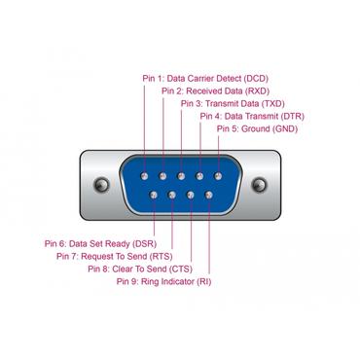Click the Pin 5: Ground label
coord(256,127)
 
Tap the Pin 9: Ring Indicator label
coord(162,281)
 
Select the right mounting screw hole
coord(258,184)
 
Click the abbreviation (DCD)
coord(254,77)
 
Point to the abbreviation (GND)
coord(284,127)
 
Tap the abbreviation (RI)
coord(203,281)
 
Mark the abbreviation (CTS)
coord(182,269)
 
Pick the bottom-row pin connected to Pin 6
coord(154,194)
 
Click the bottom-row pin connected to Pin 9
coord(205,194)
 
